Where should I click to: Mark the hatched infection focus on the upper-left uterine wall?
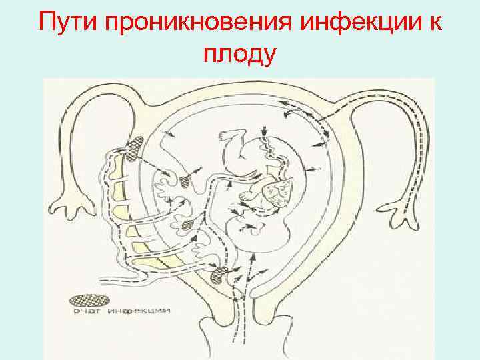pos(135,147)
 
